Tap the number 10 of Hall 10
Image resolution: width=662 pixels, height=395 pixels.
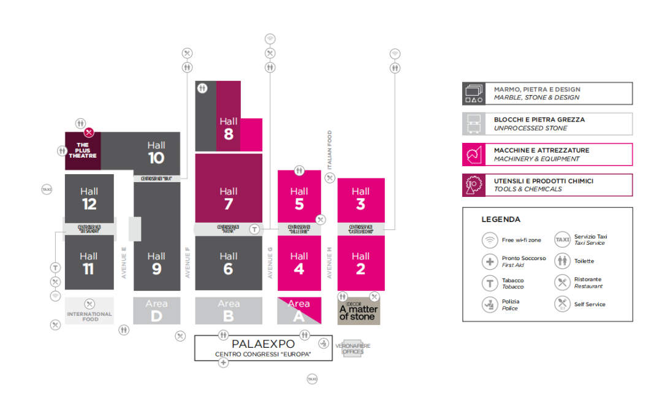(156, 158)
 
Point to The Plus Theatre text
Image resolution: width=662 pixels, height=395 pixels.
(83, 151)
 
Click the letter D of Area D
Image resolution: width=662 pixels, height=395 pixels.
(156, 316)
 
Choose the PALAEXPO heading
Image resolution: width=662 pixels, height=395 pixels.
(263, 344)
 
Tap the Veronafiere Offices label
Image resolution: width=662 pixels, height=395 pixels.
(353, 348)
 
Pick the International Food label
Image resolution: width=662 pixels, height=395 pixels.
(89, 316)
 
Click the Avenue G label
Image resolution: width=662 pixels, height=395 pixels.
(270, 263)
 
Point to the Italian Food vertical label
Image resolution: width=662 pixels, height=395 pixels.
(329, 150)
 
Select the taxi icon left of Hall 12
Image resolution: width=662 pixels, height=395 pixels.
(47, 190)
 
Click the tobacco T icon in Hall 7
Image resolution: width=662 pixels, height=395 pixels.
(255, 229)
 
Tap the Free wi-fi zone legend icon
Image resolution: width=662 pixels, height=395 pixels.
(490, 239)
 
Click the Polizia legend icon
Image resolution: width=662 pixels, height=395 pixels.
(490, 304)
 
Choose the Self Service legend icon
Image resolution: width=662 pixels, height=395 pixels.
(562, 304)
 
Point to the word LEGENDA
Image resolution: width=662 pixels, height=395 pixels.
(501, 220)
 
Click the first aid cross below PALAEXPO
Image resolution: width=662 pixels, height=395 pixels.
(223, 363)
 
